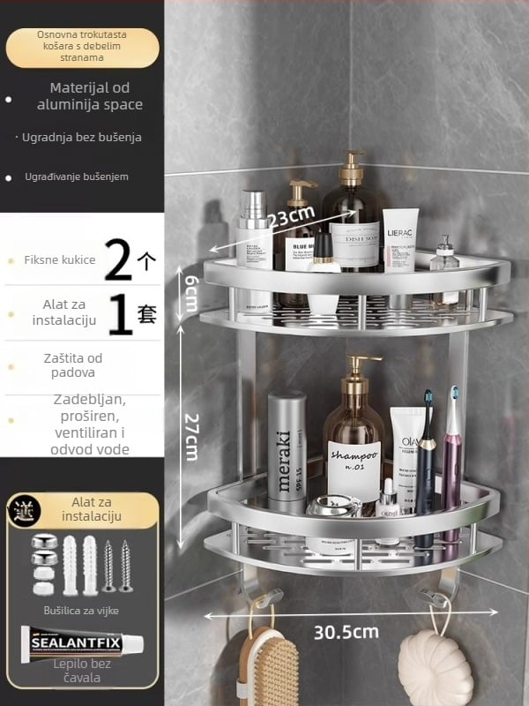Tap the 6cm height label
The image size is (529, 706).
(x=190, y=292)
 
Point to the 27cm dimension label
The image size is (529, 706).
(x=190, y=432)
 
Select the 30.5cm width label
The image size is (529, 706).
(x=346, y=631)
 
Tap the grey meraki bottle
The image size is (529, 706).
(x=286, y=450)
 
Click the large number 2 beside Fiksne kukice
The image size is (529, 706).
(x=119, y=260)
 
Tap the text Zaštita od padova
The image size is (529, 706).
(x=74, y=364)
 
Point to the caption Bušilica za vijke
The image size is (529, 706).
(x=81, y=610)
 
